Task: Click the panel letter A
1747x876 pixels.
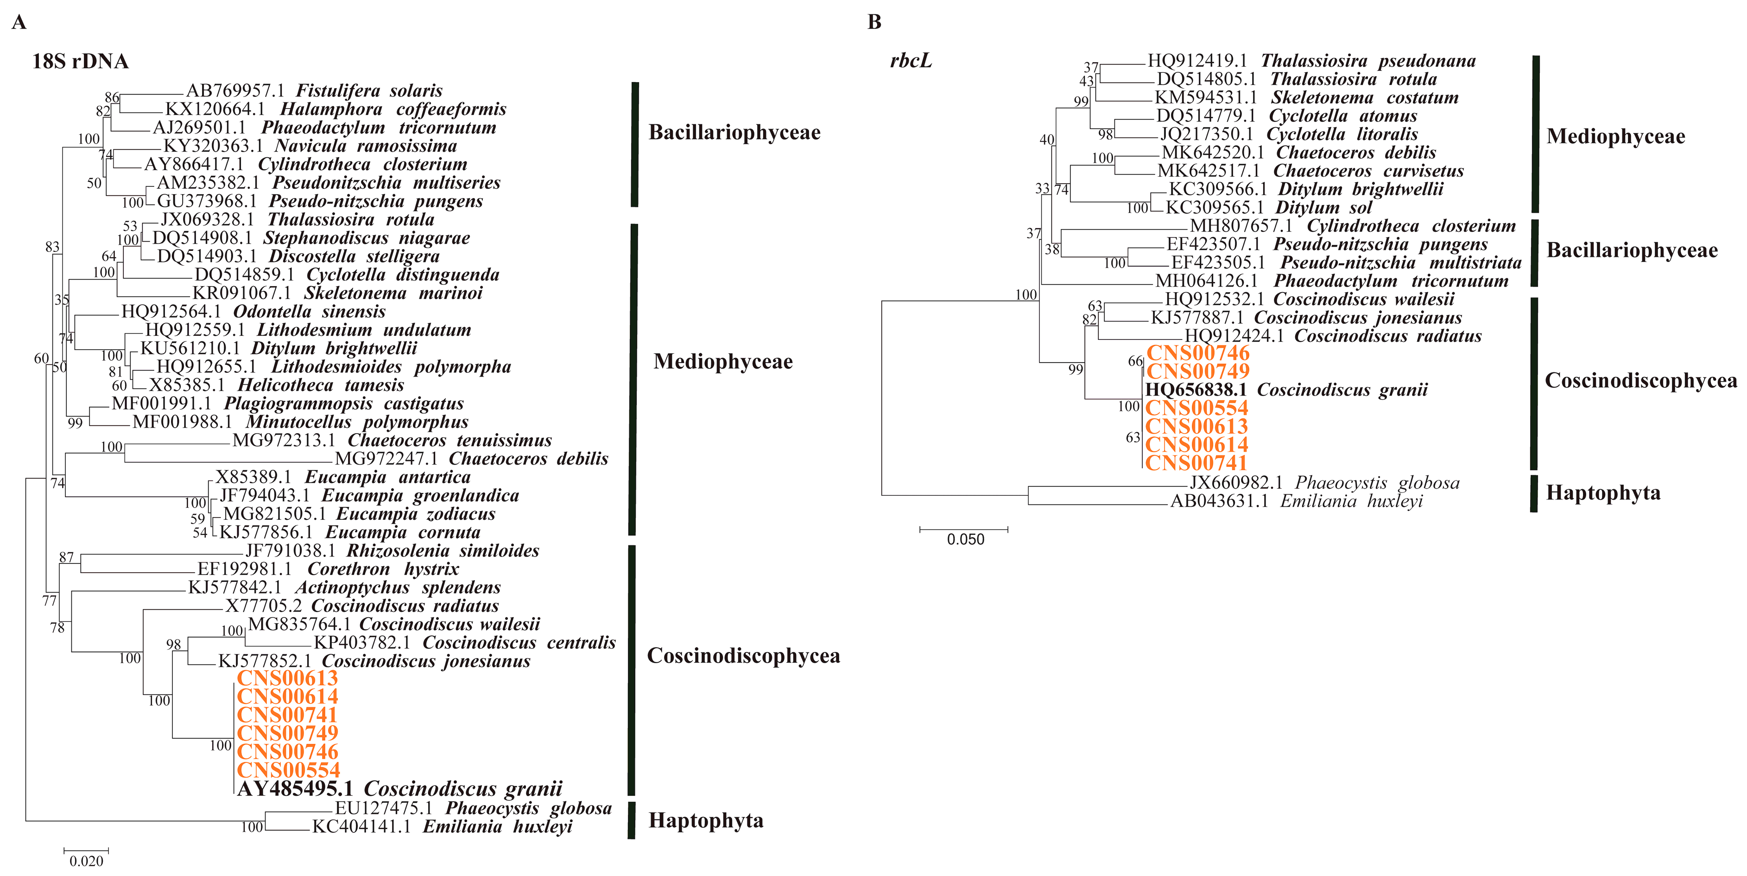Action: tap(19, 22)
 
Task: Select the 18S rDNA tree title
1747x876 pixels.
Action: tap(80, 61)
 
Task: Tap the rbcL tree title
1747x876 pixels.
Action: tap(911, 61)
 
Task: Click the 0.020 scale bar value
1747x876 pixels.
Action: tap(86, 861)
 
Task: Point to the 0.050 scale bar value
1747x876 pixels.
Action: tap(965, 539)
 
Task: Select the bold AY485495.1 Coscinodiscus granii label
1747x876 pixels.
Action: tap(399, 788)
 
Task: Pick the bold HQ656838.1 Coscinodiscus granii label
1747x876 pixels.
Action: tap(1286, 390)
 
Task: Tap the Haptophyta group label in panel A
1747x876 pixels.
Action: tap(705, 820)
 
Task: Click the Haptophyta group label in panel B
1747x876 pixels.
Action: tap(1602, 492)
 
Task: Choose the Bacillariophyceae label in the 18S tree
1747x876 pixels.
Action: tap(734, 132)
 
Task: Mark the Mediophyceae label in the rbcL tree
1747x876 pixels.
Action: tap(1615, 136)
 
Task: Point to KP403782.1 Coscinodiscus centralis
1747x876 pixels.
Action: tap(465, 643)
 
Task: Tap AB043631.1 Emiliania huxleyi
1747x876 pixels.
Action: tap(1296, 501)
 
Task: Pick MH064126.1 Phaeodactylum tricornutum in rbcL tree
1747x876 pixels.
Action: tap(1331, 281)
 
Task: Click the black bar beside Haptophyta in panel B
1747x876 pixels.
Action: tap(1534, 493)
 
